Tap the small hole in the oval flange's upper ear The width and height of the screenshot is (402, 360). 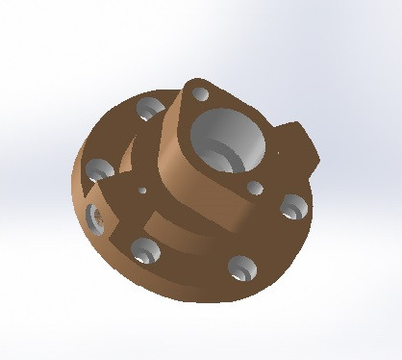pos(200,95)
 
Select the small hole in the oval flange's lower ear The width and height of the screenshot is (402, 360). pos(255,188)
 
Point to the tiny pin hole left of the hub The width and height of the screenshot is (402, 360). pos(142,191)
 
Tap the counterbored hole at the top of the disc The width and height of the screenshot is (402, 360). pos(149,107)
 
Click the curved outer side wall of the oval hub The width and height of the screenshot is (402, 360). pos(178,144)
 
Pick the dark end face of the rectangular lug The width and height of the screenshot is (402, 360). pos(308,154)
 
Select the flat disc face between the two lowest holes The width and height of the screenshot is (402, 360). pos(192,265)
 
